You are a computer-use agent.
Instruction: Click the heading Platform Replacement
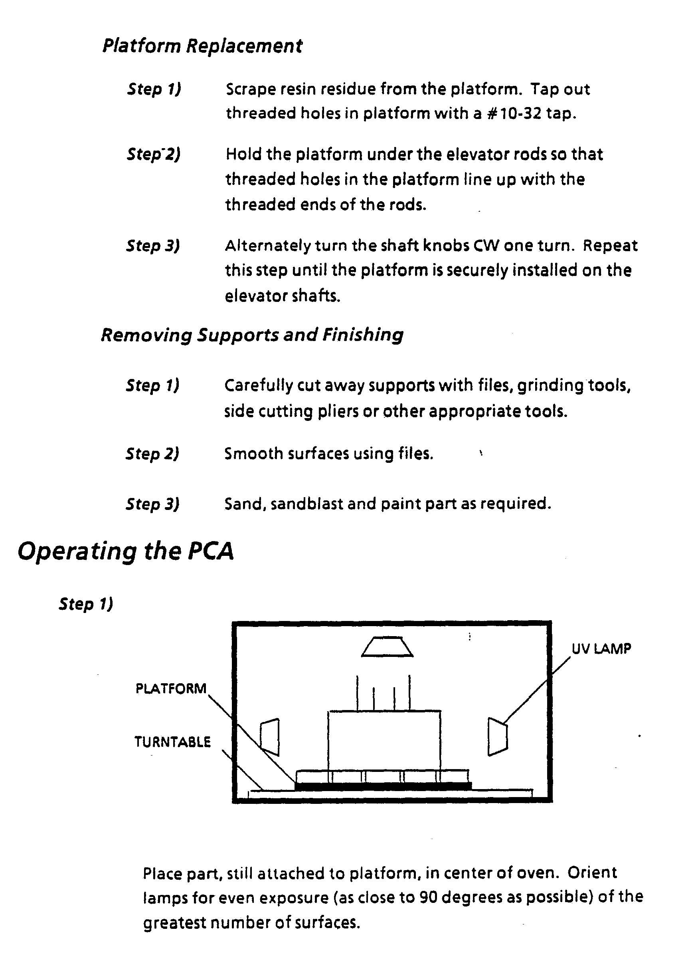coord(202,46)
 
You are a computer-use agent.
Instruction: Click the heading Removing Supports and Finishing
coord(252,335)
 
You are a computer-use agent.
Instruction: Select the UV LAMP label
coord(601,649)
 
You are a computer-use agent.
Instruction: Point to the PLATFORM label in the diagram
coord(170,689)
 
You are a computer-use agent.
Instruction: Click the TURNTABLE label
coord(172,742)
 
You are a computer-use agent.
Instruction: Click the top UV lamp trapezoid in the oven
coord(387,647)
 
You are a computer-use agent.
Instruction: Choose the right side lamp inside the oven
coord(497,736)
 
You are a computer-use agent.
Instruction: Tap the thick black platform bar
coord(383,786)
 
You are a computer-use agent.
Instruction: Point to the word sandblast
coord(306,504)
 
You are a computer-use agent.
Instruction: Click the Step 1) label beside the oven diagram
coord(86,604)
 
